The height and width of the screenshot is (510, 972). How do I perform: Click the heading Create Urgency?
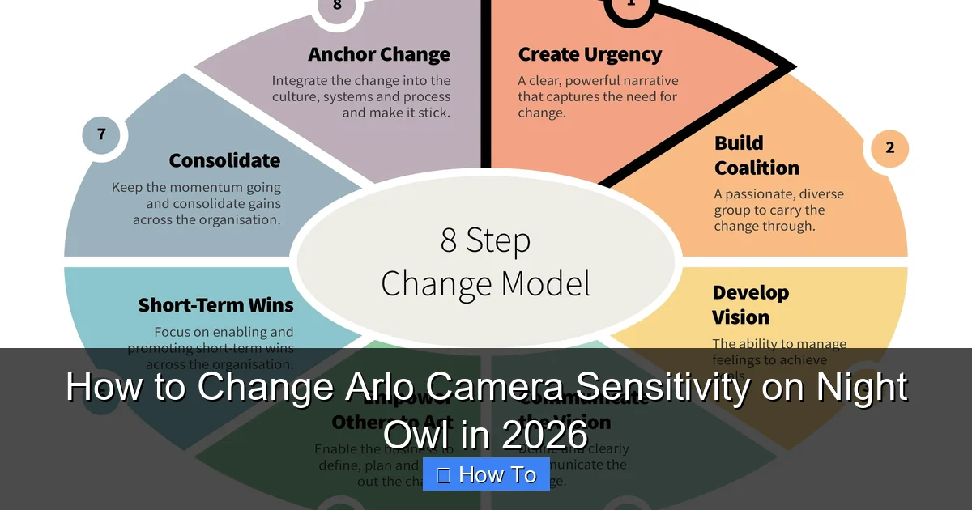point(590,55)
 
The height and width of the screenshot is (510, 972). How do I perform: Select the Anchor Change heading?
point(379,55)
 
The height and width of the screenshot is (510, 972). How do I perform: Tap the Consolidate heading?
point(224,160)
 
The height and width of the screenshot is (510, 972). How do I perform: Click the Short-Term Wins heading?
point(215,305)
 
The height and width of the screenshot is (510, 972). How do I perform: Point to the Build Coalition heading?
point(757,155)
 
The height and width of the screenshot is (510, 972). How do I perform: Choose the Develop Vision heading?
point(750,304)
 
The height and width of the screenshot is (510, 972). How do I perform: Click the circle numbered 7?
point(101,134)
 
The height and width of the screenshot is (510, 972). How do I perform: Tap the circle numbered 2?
point(889,148)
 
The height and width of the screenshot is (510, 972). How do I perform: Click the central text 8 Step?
point(485,240)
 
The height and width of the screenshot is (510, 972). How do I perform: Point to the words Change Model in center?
point(485,284)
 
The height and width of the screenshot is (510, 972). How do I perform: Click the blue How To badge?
point(486,474)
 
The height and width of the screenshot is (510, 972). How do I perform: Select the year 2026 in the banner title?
point(544,434)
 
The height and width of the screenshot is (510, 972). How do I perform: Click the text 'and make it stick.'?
point(395,113)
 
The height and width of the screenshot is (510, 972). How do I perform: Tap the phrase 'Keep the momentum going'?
point(196,188)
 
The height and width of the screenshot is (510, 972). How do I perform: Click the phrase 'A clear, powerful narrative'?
point(598,81)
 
